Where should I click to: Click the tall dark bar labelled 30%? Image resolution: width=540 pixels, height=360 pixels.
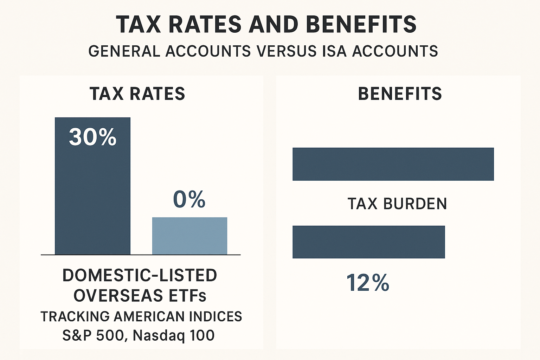(92, 197)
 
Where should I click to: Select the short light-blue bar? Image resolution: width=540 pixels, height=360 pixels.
(189, 236)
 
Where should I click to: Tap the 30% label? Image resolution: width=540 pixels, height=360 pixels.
(92, 137)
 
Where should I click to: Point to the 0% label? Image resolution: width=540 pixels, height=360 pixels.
(189, 200)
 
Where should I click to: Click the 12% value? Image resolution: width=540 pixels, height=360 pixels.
(368, 283)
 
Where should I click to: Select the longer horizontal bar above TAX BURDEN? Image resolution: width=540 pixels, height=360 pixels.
(393, 164)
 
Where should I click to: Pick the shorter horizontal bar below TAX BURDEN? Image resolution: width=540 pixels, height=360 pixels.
(368, 242)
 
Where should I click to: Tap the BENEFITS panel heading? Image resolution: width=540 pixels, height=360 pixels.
(400, 94)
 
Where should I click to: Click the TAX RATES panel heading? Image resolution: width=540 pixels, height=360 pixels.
(137, 94)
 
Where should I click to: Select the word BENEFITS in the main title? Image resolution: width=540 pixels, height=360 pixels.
(361, 24)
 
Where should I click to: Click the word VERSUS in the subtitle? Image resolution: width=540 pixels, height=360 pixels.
(286, 51)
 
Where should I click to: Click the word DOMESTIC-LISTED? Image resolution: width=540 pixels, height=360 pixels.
(140, 275)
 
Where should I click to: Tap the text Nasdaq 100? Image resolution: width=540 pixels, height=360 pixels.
(174, 335)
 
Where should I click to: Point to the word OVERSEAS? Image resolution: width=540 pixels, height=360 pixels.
(118, 296)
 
